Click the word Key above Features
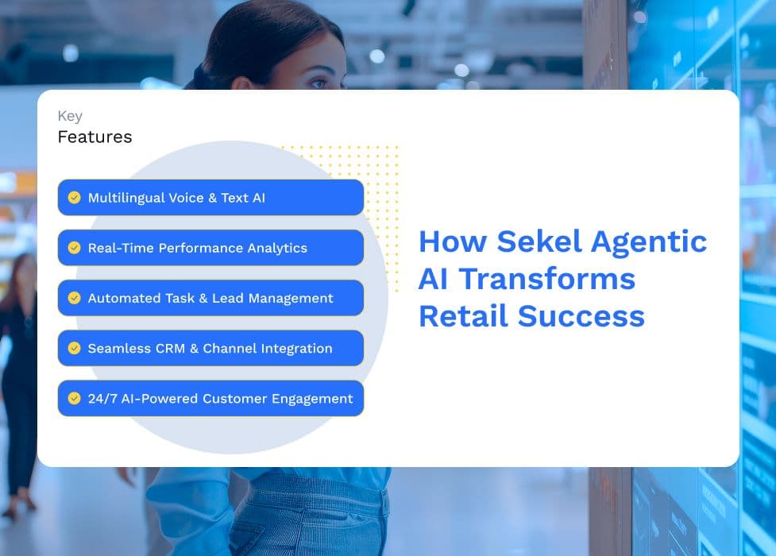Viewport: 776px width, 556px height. (70, 116)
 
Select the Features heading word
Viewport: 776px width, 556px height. (95, 137)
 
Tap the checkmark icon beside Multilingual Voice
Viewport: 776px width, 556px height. (74, 198)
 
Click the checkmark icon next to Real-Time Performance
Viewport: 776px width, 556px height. (74, 248)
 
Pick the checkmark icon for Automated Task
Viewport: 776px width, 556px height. (74, 298)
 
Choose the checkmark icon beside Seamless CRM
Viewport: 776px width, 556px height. (74, 348)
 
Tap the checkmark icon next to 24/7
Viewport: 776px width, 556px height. (74, 398)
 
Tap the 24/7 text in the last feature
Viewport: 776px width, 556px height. (102, 399)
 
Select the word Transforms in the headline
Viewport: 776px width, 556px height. (547, 279)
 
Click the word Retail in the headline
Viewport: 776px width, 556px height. (463, 316)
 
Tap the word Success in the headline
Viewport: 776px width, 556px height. (581, 316)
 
